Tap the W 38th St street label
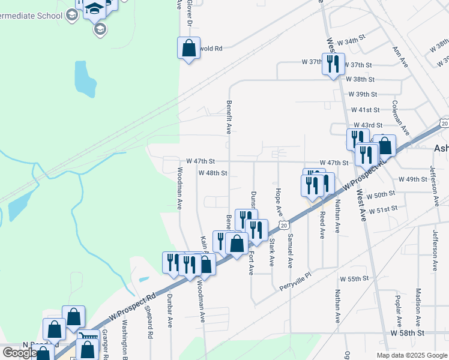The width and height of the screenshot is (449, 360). [x=360, y=79]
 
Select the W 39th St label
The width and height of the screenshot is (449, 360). [x=363, y=94]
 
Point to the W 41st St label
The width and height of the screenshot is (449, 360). [x=366, y=110]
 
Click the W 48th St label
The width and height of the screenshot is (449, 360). [x=212, y=173]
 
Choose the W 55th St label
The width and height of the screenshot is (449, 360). [x=354, y=279]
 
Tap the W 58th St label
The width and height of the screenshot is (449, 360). [x=408, y=332]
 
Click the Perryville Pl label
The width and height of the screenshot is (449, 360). [x=296, y=284]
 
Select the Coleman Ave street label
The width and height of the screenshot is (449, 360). [x=400, y=119]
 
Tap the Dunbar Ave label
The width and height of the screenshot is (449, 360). [x=170, y=310]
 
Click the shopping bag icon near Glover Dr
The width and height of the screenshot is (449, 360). [x=188, y=49]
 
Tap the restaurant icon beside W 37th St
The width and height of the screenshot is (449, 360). [x=333, y=64]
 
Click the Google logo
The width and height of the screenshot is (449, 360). [x=19, y=352]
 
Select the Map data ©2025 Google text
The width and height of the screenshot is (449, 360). [x=412, y=355]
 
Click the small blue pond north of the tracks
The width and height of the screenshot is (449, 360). [x=85, y=79]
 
